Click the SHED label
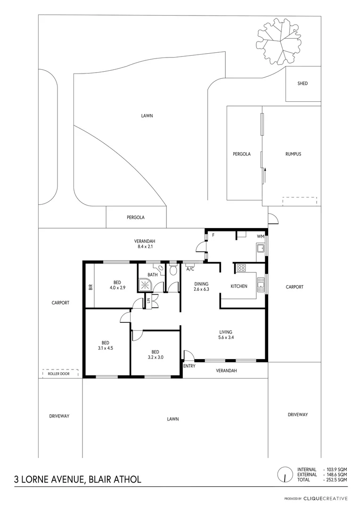[x=303, y=83]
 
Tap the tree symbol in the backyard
[x=279, y=43]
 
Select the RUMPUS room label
[x=293, y=154]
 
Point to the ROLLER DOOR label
[x=58, y=374]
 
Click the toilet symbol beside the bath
[x=172, y=270]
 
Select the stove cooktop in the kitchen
[x=241, y=268]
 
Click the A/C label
[x=190, y=269]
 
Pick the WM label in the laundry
[x=260, y=236]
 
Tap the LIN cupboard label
[x=148, y=300]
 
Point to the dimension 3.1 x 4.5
[x=105, y=348]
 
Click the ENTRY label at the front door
[x=189, y=366]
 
